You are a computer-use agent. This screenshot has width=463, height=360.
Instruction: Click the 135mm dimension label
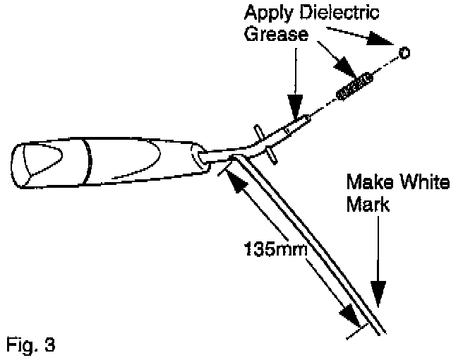[x=271, y=249]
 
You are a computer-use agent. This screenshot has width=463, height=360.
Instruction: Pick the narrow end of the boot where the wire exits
[x=201, y=159]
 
